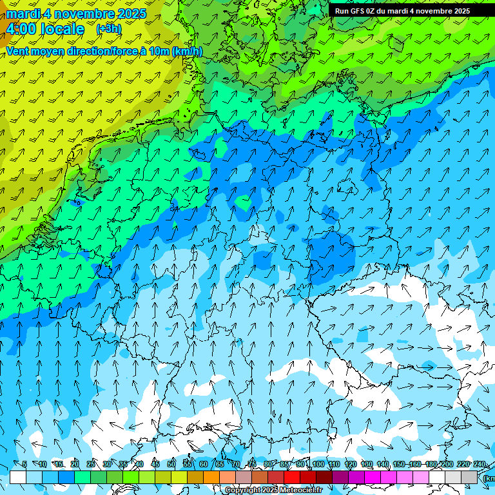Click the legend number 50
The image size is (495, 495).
pos(171,465)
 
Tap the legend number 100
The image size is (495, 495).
pos(318,465)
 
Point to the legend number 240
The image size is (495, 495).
pos(480,465)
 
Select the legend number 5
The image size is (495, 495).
pos(24,465)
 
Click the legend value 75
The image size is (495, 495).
pos(252,465)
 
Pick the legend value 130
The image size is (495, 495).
pos(367,465)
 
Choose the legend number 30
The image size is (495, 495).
pos(107,465)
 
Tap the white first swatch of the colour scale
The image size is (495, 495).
pos(18,477)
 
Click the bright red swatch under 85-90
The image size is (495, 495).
pos(292,477)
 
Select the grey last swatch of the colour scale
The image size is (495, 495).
pos(469,477)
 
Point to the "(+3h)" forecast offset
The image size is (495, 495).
pos(108,29)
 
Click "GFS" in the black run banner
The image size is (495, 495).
pos(359,11)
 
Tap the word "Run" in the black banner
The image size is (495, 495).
pos(342,11)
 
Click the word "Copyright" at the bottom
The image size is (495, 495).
pos(242,490)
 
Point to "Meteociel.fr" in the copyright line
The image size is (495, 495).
pos(300,490)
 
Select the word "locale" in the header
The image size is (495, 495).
pos(62,29)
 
